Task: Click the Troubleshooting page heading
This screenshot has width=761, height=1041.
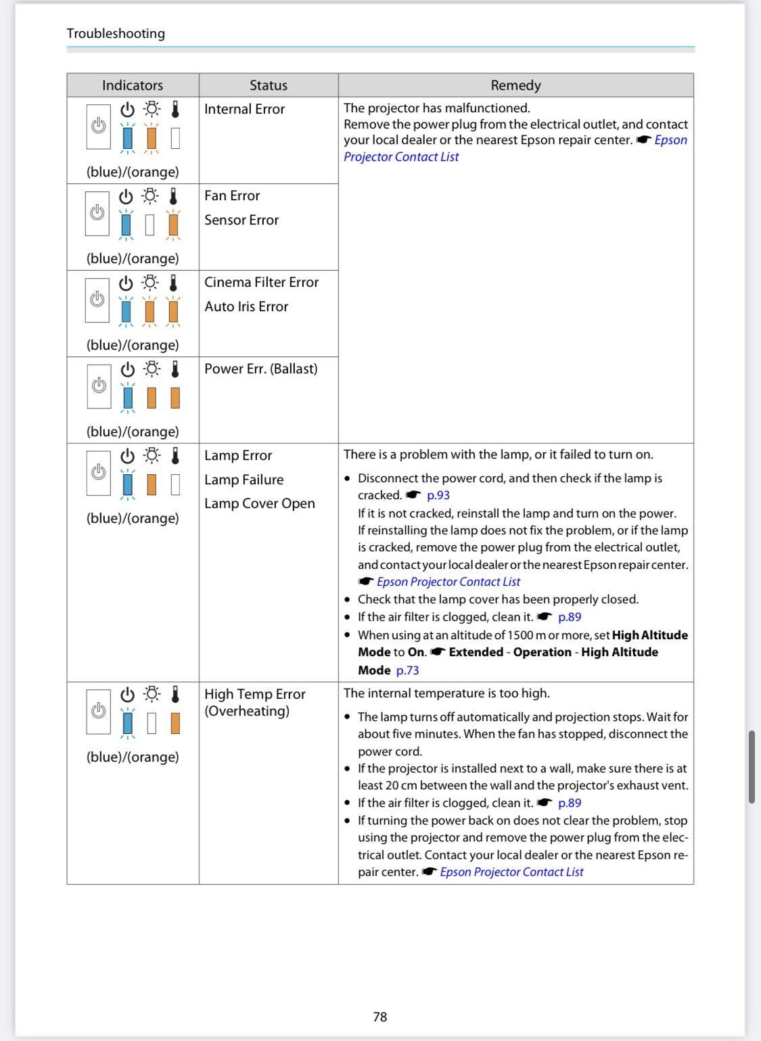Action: click(x=116, y=33)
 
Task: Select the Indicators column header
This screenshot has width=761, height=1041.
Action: click(x=133, y=85)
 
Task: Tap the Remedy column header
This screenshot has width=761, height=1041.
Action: click(x=515, y=85)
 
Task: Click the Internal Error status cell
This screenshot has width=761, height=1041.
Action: click(x=244, y=109)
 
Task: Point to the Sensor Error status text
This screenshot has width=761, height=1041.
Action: click(x=241, y=220)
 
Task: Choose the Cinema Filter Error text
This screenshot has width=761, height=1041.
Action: click(x=261, y=282)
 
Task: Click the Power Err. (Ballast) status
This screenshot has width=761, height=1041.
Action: click(x=260, y=369)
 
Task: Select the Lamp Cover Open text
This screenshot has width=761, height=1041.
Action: click(x=259, y=503)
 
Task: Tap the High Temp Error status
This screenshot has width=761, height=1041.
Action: click(x=255, y=694)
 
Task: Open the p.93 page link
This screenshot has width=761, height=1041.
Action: click(x=438, y=495)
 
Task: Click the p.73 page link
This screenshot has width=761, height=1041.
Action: click(x=407, y=670)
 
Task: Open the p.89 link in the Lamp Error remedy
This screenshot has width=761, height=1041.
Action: click(x=570, y=617)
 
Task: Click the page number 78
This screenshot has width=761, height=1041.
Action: click(x=380, y=1017)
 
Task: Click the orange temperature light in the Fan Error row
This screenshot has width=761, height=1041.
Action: click(x=173, y=224)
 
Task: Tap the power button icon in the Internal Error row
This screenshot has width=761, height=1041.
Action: click(x=99, y=126)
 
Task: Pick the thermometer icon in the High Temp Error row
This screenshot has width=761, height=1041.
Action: click(x=175, y=695)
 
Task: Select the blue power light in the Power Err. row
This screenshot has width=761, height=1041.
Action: click(x=128, y=398)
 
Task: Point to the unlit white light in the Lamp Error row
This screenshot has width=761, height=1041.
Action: click(x=175, y=484)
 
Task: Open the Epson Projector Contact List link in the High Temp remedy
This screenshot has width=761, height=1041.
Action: click(x=511, y=872)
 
